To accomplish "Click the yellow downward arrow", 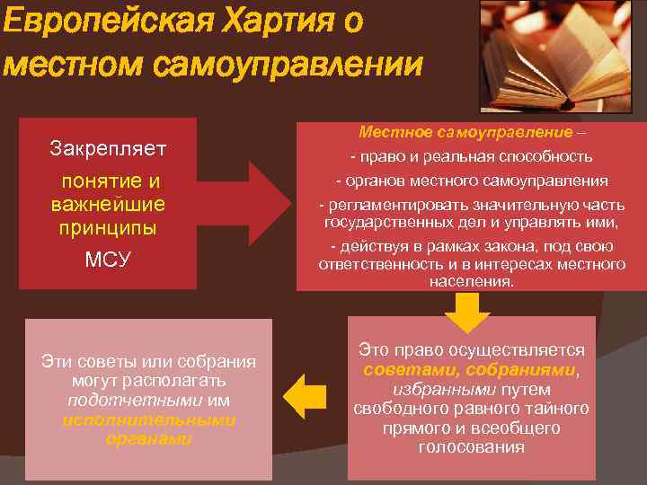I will pos(468,312).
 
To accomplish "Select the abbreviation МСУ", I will pos(108,260).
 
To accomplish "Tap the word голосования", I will pos(471,446).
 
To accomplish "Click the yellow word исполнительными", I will pos(149,419).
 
